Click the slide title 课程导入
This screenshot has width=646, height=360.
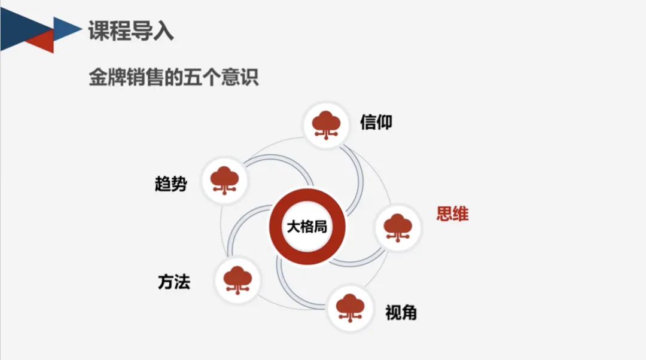coord(130,31)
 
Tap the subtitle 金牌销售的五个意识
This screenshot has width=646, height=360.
coord(173,78)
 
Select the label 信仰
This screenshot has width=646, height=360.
coord(376,122)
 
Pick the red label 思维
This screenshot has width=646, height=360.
coord(452,213)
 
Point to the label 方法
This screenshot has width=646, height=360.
coord(174,282)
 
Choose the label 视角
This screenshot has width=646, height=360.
coord(401,312)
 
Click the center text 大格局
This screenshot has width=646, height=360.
coord(307,227)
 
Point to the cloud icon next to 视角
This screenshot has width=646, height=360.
coord(350,306)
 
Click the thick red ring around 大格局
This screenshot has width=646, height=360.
coord(307,198)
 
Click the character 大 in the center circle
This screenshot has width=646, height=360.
coord(293,227)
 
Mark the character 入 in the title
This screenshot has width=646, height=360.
coord(163,31)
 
